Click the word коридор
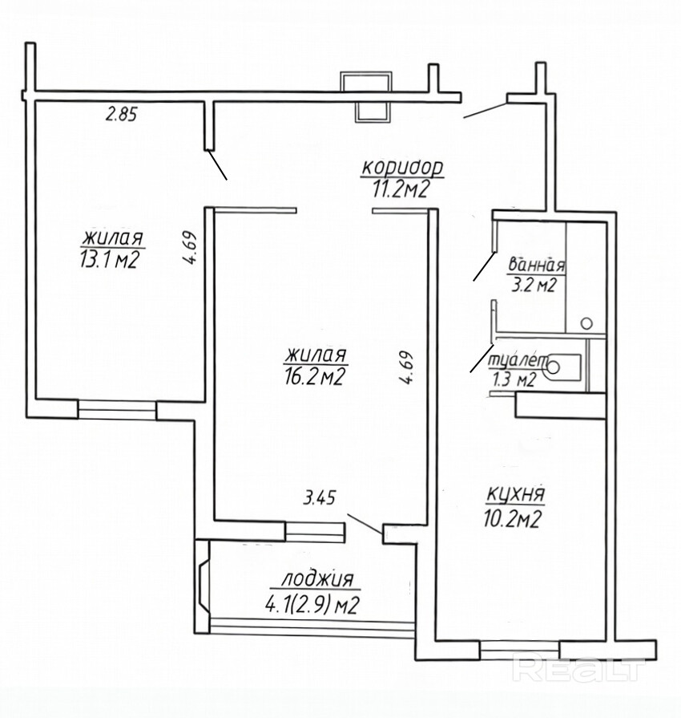[402, 168]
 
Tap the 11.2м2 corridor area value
[401, 189]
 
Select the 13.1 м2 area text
[109, 260]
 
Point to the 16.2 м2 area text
[313, 376]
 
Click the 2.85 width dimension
[121, 114]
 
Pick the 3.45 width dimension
[319, 497]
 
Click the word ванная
[537, 265]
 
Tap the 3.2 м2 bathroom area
[533, 286]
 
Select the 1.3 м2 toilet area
[512, 380]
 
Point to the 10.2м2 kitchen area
[512, 519]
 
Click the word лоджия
[317, 580]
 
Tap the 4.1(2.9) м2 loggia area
[311, 606]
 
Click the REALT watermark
[578, 669]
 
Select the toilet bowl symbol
[562, 367]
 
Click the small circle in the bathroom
[586, 323]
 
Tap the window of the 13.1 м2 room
[117, 409]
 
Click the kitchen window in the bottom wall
[520, 650]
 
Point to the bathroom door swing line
[484, 266]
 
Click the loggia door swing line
[364, 524]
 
